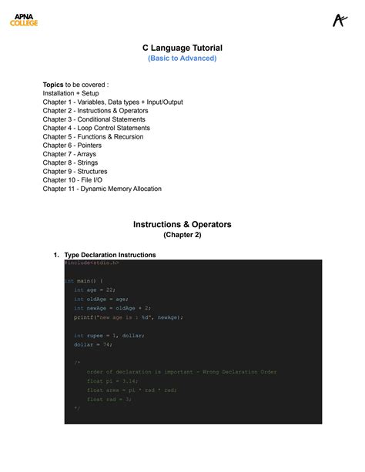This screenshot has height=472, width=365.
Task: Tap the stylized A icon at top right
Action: tap(340, 20)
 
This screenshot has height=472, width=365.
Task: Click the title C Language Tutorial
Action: tap(182, 48)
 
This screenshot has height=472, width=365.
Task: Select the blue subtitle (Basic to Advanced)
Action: tap(182, 59)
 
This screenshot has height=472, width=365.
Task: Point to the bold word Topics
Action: tap(53, 84)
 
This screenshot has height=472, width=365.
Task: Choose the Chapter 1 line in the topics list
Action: tap(112, 102)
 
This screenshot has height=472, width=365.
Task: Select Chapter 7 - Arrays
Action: tap(69, 154)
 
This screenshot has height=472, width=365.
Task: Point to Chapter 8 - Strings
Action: tap(70, 162)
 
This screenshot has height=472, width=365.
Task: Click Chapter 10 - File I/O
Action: tap(75, 180)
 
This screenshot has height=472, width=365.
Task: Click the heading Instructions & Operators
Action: tap(182, 225)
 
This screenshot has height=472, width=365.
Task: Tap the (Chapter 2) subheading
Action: tap(182, 236)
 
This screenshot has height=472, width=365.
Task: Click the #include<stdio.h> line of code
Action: tap(92, 263)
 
